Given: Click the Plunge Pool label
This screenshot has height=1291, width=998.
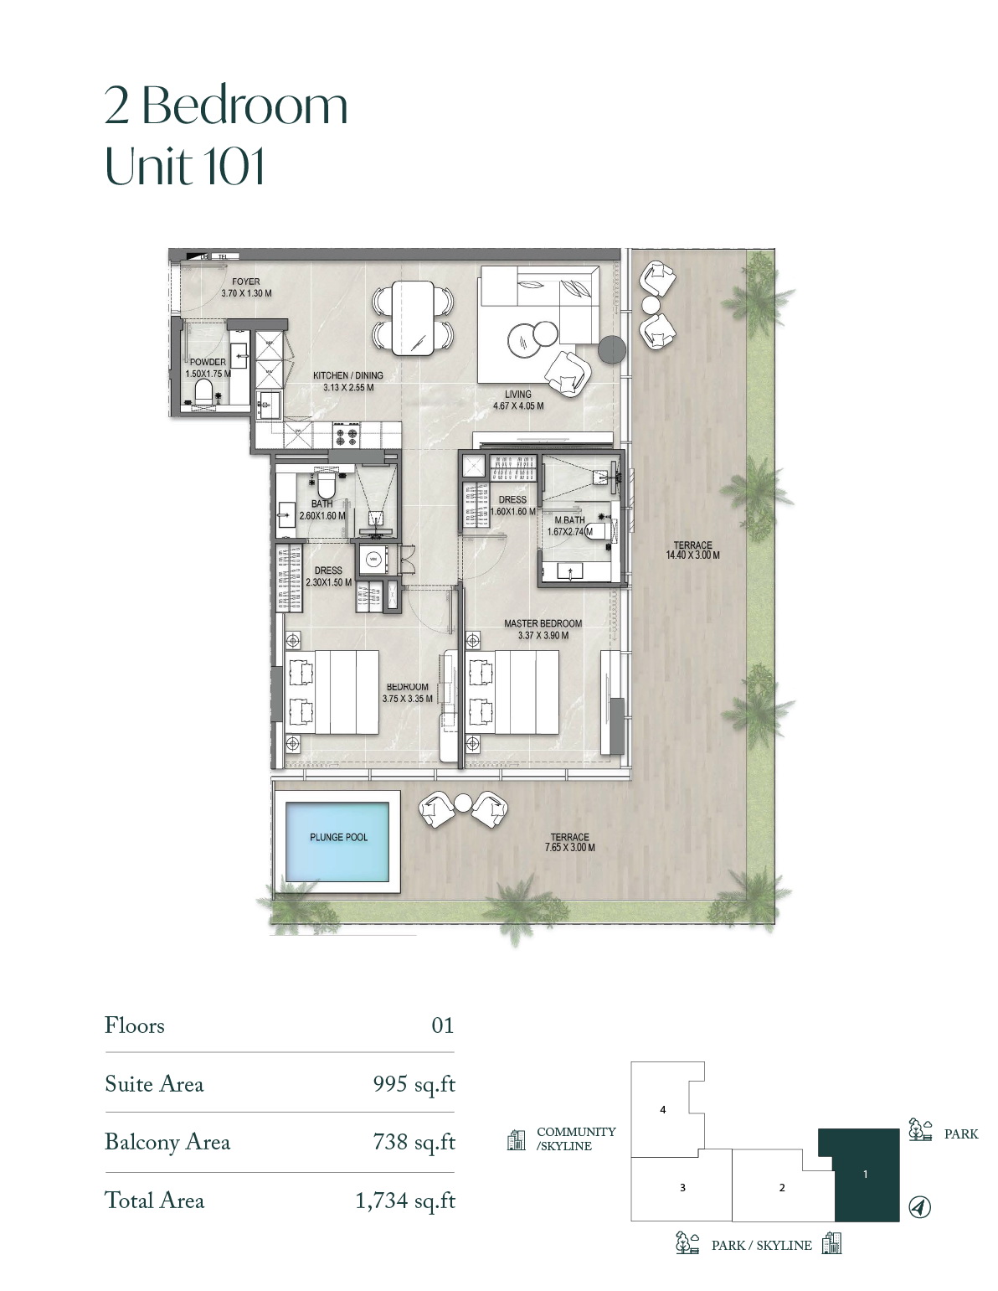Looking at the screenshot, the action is point(338,837).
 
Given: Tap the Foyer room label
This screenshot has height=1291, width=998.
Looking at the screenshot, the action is point(246,281).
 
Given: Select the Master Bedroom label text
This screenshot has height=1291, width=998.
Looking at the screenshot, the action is point(543,623).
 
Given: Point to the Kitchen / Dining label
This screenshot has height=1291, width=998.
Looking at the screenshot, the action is point(348,375).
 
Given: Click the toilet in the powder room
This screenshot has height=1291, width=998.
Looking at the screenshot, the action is point(203,391).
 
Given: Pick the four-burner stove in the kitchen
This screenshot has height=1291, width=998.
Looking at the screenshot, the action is point(347,435).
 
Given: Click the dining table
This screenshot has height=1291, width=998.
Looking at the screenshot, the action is point(414,318).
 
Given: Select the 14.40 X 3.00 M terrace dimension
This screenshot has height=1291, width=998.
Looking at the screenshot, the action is point(693,555).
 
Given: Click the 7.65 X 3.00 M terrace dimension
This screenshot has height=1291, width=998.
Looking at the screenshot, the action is point(570,848).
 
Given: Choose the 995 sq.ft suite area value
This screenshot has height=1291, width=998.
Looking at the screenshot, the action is point(414,1084).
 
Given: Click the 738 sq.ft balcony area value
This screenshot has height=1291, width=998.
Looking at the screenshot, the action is point(414,1142).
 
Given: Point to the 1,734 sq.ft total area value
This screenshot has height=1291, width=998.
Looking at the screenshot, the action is point(405,1201).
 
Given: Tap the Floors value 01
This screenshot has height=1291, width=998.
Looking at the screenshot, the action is point(442,1025).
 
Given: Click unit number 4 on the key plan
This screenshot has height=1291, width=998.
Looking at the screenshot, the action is point(663,1109).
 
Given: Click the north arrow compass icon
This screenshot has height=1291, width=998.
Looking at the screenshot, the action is point(919,1207).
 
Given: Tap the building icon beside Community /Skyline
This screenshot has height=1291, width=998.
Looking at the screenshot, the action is point(516,1140).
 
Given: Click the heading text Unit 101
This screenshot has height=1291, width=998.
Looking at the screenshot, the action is point(185,166).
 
